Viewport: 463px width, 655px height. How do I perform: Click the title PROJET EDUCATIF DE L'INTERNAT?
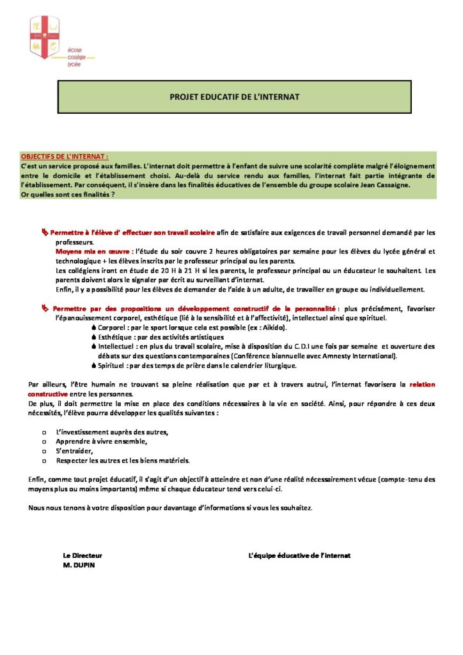(x=234, y=97)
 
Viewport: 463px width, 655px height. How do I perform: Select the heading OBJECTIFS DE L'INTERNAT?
(x=65, y=156)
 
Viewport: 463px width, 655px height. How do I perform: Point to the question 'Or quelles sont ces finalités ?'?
(x=68, y=194)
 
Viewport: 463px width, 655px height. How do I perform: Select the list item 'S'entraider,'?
(x=75, y=450)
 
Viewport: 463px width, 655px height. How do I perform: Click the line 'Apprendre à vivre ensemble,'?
(x=102, y=441)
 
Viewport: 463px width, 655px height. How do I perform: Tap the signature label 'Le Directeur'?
(x=82, y=556)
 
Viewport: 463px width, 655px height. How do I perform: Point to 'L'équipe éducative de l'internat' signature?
(x=299, y=556)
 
